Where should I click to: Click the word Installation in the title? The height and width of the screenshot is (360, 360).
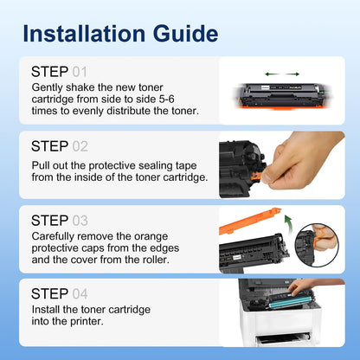click(84, 34)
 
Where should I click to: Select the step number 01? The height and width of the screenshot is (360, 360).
click(80, 72)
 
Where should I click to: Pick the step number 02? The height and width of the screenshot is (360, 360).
click(80, 146)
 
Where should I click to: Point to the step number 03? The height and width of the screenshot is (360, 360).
click(80, 221)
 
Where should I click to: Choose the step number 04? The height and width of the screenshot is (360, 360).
click(80, 294)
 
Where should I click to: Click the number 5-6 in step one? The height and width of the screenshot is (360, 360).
click(167, 99)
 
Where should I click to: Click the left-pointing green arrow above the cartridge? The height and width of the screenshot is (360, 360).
click(272, 74)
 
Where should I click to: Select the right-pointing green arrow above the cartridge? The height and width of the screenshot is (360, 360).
click(292, 74)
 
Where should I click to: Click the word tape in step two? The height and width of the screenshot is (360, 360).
click(186, 166)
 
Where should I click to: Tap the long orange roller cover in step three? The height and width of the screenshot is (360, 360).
click(250, 221)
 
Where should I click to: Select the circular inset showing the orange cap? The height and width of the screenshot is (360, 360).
click(317, 245)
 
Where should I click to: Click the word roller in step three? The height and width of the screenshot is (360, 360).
click(156, 260)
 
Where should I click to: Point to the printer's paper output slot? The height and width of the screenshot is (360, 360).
click(284, 339)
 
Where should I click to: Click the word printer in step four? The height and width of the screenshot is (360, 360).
click(85, 321)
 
